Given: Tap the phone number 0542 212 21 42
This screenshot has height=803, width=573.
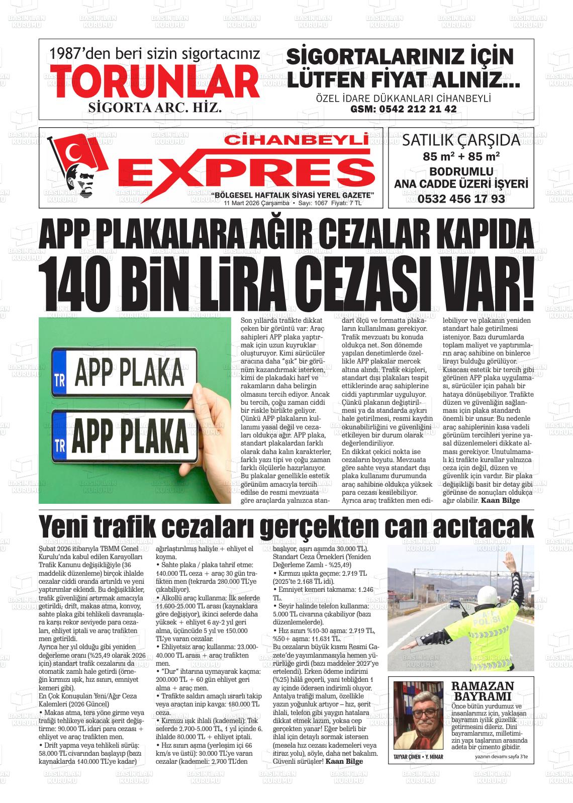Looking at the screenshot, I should pyautogui.click(x=403, y=109).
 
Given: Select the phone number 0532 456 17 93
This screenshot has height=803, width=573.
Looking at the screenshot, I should pyautogui.click(x=461, y=199).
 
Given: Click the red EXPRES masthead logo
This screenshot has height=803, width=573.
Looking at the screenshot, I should pyautogui.click(x=249, y=171).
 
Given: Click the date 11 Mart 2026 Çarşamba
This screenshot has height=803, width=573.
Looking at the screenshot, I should pyautogui.click(x=256, y=204).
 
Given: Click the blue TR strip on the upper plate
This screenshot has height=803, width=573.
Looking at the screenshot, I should pyautogui.click(x=59, y=372).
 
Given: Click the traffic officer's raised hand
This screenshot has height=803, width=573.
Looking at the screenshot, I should pyautogui.click(x=511, y=559).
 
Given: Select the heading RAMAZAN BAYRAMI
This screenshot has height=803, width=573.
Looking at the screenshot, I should pyautogui.click(x=482, y=691).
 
